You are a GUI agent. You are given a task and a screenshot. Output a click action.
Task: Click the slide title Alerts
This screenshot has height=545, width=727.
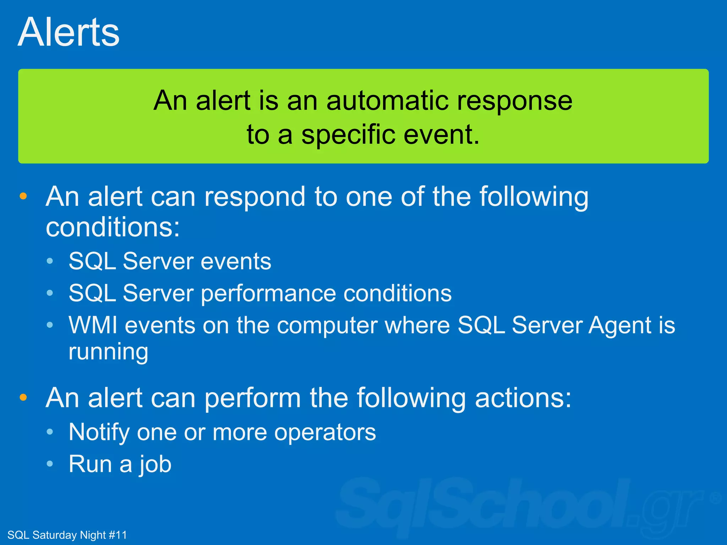coord(69,33)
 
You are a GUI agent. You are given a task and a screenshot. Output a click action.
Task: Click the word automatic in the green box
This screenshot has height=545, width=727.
coord(387,101)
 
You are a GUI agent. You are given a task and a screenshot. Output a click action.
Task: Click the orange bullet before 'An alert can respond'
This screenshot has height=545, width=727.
coord(23,196)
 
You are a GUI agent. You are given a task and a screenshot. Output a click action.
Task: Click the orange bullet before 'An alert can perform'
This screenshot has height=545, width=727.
coord(23,397)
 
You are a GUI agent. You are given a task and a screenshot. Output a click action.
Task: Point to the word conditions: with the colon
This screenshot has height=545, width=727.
coord(113,228)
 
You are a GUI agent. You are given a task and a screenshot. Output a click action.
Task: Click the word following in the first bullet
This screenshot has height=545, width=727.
coord(534,197)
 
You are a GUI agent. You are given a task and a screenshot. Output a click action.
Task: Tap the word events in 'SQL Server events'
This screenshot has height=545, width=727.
coord(236,262)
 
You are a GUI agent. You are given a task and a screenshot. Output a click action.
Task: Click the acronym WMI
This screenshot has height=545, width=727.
coord(93,325)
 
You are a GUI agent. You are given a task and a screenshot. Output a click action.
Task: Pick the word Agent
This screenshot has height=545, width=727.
coord(620,325)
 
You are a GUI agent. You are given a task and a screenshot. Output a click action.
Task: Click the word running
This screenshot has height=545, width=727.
coord(108,352)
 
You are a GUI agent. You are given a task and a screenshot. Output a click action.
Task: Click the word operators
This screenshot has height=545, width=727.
coord(325,433)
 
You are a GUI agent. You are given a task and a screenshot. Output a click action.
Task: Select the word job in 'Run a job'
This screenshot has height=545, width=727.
coord(155,464)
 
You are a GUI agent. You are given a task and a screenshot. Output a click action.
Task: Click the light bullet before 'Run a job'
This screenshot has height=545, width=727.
coord(50,463)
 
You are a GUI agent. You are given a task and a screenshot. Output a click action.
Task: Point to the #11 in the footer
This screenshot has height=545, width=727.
coord(117,535)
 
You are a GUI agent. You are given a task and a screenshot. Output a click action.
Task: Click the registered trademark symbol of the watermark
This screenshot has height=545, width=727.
coord(716,498)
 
